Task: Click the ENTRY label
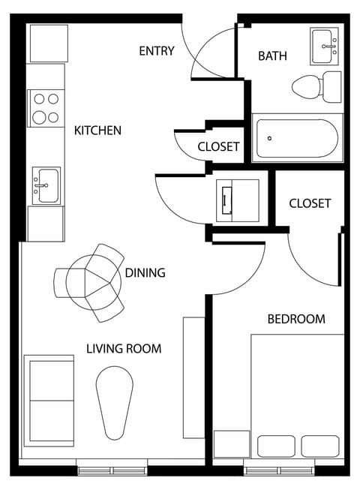point(157,51)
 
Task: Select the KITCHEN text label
point(97,131)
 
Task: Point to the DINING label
point(145,272)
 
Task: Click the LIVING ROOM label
point(124,349)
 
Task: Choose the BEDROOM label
point(296,319)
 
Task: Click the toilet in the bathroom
point(315,87)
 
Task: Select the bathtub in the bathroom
point(298,137)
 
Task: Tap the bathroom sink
point(325,48)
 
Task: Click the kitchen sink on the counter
point(46,185)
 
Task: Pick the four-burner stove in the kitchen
point(46,107)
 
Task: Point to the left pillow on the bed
point(277,446)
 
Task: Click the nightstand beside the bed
point(231,443)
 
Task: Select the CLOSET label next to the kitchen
point(218,147)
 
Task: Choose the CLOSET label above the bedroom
point(310,203)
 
